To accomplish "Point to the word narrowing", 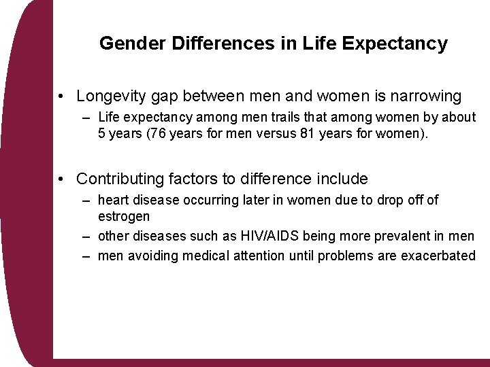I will (x=426, y=97).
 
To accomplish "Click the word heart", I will (x=112, y=200).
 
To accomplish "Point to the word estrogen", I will (x=123, y=215).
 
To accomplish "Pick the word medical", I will (x=206, y=256).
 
